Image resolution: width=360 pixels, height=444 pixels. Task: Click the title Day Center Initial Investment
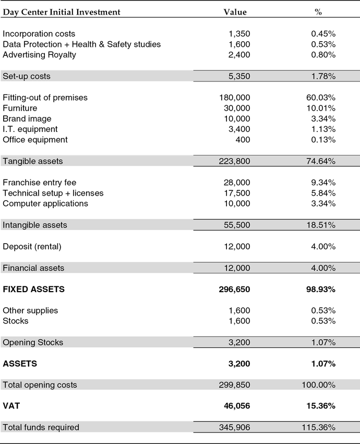tap(62, 12)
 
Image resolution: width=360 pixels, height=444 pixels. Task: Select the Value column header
tap(235, 12)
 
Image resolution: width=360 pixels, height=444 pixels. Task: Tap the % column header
tap(318, 12)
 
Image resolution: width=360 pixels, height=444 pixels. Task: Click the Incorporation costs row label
tap(39, 34)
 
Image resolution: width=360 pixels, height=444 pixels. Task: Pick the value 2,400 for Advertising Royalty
tap(239, 55)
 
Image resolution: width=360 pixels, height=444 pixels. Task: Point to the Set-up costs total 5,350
tap(239, 76)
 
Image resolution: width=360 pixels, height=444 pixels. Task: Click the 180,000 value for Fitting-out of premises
tap(235, 98)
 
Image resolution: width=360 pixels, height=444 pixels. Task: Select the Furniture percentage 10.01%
tap(320, 108)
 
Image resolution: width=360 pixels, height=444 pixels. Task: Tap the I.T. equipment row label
tap(30, 129)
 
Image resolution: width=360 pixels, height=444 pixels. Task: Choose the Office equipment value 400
tap(243, 140)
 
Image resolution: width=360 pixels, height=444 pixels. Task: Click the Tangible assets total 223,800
tap(235, 161)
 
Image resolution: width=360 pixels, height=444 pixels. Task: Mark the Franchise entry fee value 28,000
tap(237, 183)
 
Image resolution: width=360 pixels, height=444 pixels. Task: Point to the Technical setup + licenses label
tap(53, 193)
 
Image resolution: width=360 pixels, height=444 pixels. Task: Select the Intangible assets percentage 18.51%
tap(320, 225)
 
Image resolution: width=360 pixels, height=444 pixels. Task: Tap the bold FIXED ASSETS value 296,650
tap(235, 289)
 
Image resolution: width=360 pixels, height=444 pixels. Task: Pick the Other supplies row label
tap(30, 310)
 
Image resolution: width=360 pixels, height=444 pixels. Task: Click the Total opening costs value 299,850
tap(235, 385)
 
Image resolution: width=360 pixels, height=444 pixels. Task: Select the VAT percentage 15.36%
tap(320, 406)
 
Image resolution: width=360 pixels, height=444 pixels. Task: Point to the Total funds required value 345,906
tap(235, 427)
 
